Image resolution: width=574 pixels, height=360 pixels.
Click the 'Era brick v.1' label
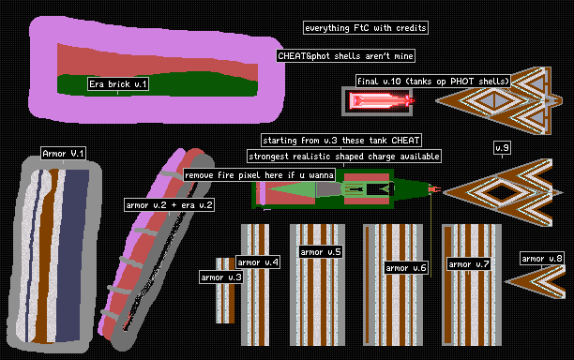click(x=118, y=84)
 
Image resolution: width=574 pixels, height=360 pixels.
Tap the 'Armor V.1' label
click(x=64, y=154)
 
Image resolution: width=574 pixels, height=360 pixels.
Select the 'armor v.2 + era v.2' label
click(x=169, y=205)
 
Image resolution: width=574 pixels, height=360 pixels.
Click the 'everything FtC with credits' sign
click(x=366, y=28)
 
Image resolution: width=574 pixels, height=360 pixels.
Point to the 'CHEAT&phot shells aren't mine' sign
click(x=345, y=55)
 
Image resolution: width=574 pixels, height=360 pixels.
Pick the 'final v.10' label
click(x=433, y=81)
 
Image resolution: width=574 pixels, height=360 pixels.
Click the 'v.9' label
click(x=502, y=148)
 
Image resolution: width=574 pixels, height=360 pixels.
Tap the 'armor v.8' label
click(x=542, y=259)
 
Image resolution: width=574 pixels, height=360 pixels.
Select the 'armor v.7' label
click(x=469, y=264)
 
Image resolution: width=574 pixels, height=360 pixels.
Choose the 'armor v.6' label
click(x=406, y=268)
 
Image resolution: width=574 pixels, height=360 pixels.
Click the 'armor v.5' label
click(x=321, y=251)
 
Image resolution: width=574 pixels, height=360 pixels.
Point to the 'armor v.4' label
click(x=258, y=262)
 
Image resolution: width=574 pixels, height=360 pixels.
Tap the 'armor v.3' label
click(x=221, y=277)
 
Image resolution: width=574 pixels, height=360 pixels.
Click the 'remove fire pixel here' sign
click(x=259, y=175)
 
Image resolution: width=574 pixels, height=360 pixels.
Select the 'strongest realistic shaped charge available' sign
click(x=344, y=157)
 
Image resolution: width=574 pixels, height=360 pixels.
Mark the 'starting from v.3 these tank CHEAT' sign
click(x=341, y=140)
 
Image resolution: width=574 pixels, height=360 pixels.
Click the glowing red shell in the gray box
click(x=382, y=100)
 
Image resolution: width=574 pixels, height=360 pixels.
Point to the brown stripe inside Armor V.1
click(x=47, y=256)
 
